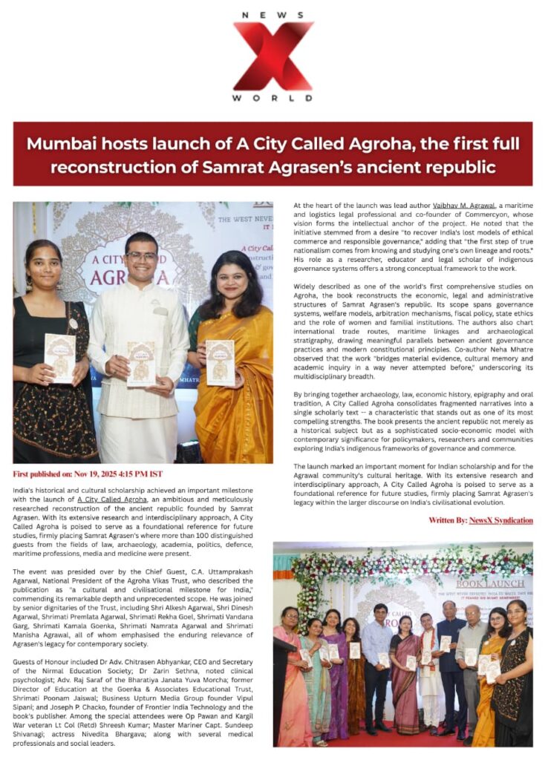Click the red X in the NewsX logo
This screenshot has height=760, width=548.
coord(273,56)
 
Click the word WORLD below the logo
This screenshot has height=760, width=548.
coord(273,98)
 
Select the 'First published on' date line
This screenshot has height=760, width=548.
coord(88,474)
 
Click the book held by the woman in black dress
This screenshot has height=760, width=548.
coord(59,358)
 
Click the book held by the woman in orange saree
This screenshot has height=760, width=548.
coord(220,361)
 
